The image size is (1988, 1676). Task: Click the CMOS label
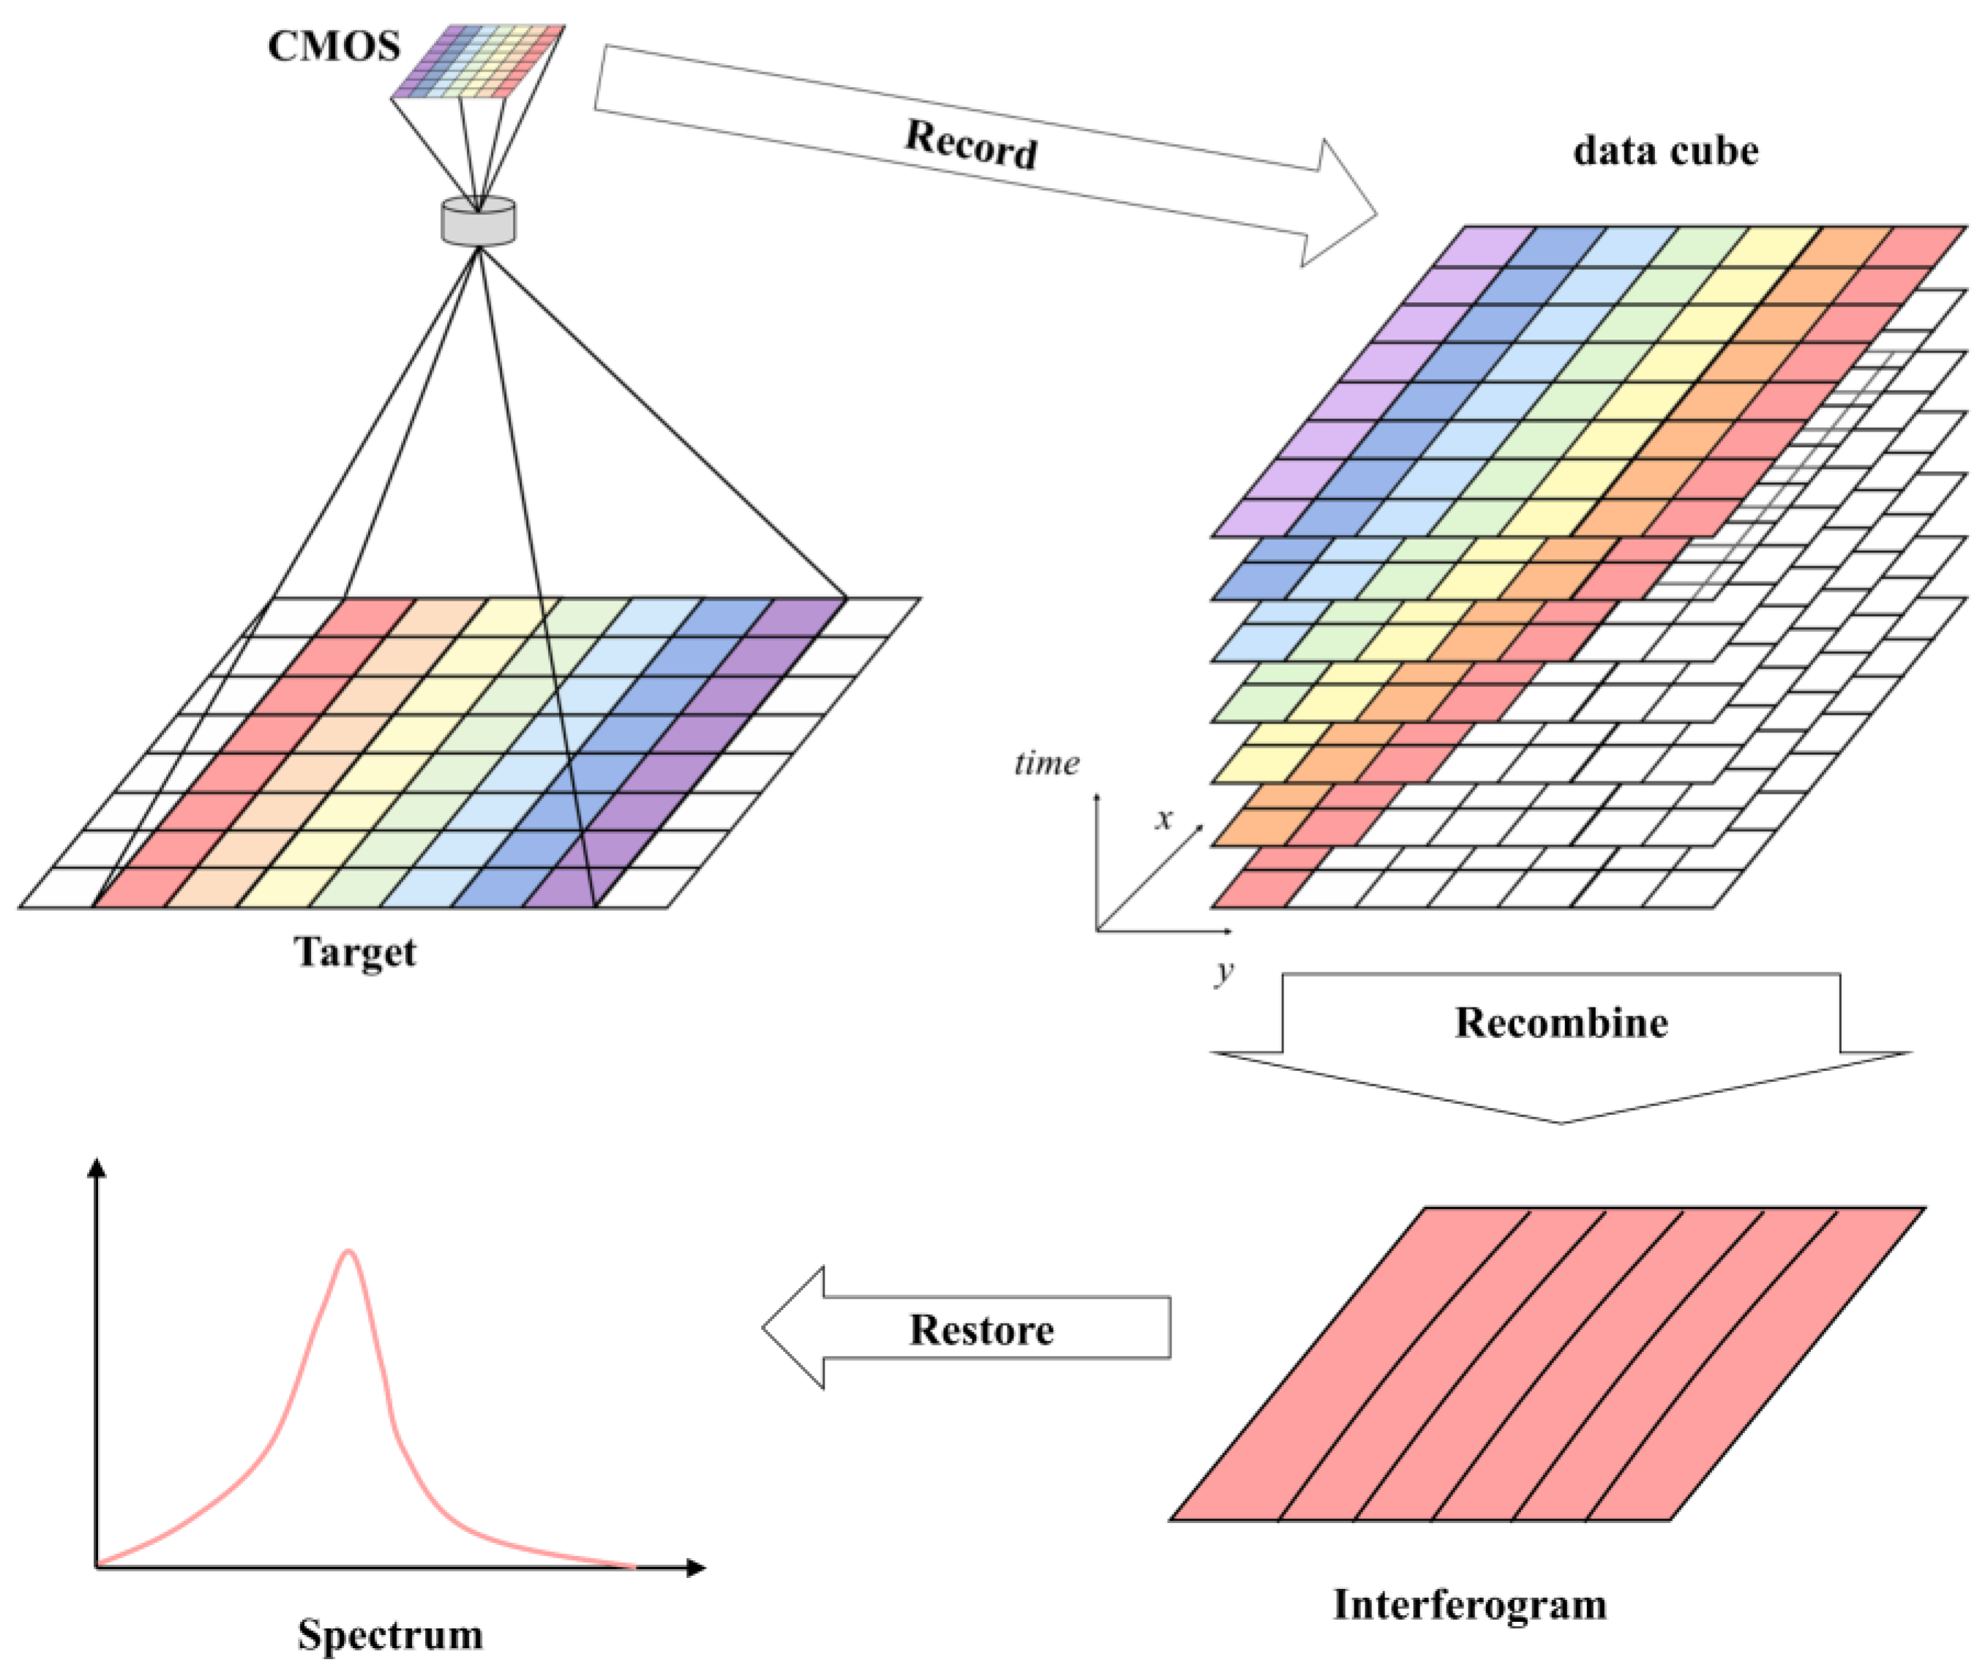click(x=334, y=45)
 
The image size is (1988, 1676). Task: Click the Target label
click(x=354, y=952)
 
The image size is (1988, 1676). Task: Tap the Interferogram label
click(x=1469, y=1605)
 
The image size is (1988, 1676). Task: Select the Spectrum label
click(x=389, y=1634)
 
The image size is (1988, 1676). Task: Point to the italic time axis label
click(x=1046, y=763)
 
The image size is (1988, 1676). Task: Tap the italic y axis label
click(x=1224, y=970)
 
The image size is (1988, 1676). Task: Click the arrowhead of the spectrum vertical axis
click(x=96, y=1168)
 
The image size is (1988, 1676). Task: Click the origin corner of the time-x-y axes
click(x=1097, y=930)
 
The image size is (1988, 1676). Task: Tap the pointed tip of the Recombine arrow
click(x=1561, y=1122)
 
